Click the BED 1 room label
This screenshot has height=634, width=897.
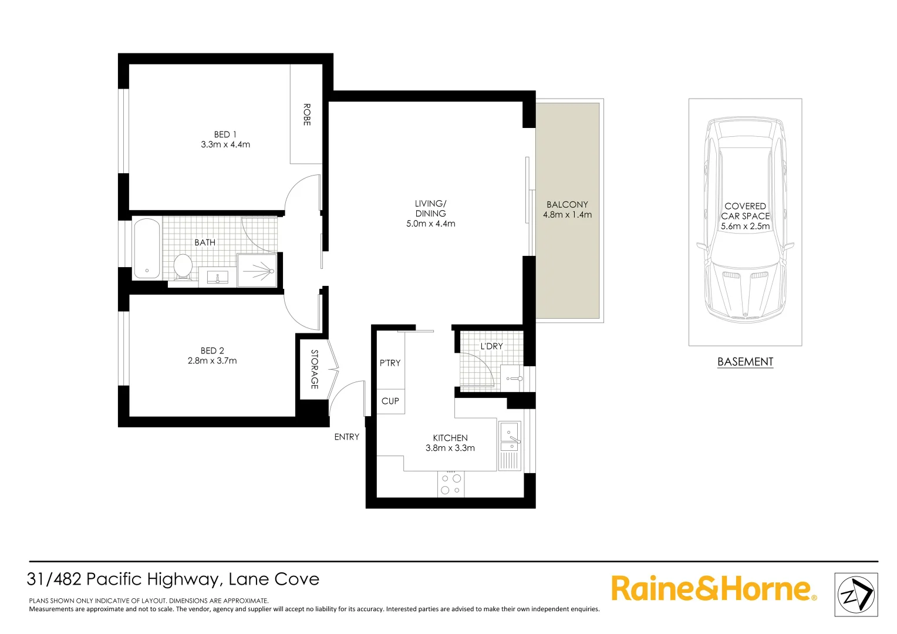coord(225,134)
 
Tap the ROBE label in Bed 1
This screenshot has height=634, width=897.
coord(306,114)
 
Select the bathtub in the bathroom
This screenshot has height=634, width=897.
coord(147,248)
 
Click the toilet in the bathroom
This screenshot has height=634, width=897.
coord(183,267)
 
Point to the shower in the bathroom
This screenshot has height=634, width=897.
coord(257,271)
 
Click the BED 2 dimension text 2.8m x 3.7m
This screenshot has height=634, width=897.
coord(213,361)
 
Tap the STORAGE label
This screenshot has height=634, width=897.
coord(315,369)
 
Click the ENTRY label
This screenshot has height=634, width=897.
coord(346,437)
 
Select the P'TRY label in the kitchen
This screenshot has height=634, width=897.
coord(390,363)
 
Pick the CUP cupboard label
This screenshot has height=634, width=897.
coord(390,401)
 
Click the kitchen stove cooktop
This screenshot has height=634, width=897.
coord(451,484)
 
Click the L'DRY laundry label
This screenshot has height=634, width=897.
coord(491,346)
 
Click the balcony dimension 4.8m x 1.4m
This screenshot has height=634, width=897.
coord(567,215)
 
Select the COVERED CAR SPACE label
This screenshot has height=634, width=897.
coord(745,211)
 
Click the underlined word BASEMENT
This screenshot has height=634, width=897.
coord(745,362)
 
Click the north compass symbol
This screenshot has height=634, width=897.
coord(856,595)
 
